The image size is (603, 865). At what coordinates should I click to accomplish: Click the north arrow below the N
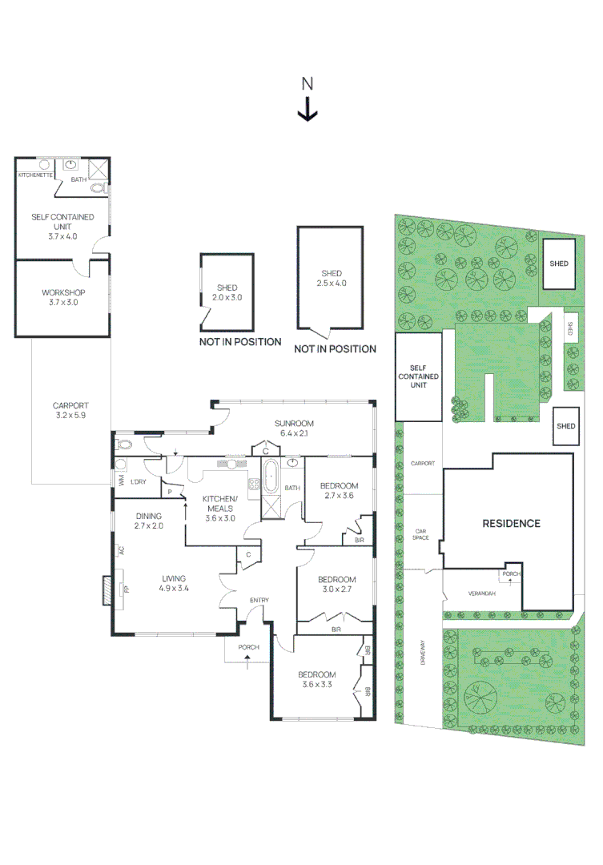pyautogui.click(x=308, y=109)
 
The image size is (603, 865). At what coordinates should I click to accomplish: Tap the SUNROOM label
pyautogui.click(x=294, y=423)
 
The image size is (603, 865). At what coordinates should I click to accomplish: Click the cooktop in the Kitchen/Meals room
pyautogui.click(x=255, y=484)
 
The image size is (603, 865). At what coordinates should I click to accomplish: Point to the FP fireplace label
pyautogui.click(x=125, y=590)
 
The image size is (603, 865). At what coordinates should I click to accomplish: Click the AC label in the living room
pyautogui.click(x=121, y=550)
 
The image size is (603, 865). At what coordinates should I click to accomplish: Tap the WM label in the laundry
pyautogui.click(x=120, y=481)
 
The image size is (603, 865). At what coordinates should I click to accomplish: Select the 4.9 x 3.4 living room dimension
pyautogui.click(x=174, y=589)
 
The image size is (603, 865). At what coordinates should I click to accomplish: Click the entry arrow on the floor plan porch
pyautogui.click(x=247, y=660)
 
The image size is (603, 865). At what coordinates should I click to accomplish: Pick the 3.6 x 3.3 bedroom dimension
pyautogui.click(x=317, y=685)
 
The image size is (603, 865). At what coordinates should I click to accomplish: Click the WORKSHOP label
pyautogui.click(x=63, y=292)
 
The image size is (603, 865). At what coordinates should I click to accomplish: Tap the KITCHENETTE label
pyautogui.click(x=35, y=174)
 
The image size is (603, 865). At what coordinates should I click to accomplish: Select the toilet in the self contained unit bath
pyautogui.click(x=97, y=189)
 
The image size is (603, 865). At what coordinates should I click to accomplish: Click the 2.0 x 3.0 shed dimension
pyautogui.click(x=227, y=297)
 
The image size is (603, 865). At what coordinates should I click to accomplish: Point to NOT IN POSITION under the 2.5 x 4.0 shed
pyautogui.click(x=335, y=349)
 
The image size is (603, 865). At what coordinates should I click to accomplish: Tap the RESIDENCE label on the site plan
pyautogui.click(x=511, y=523)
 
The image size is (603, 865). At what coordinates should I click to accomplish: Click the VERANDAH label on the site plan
pyautogui.click(x=482, y=593)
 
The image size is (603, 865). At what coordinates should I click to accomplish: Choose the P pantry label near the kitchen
pyautogui.click(x=170, y=492)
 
